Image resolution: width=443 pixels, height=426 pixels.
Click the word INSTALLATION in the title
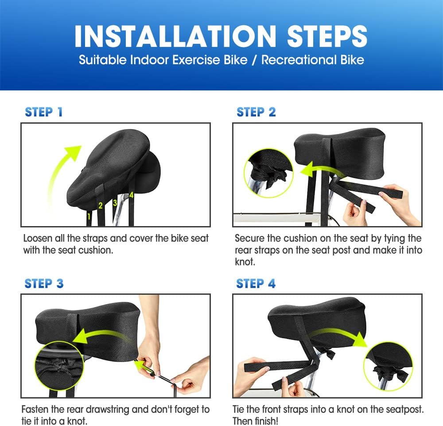(x=175, y=36)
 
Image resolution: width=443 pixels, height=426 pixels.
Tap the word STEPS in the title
(x=327, y=36)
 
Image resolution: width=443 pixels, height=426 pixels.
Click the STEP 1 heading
(x=43, y=112)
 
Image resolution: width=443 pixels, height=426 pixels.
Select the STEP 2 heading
(x=256, y=112)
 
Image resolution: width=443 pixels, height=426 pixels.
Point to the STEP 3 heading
(x=44, y=283)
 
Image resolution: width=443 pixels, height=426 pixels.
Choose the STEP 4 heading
(x=256, y=283)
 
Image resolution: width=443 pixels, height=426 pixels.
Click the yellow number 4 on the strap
(x=132, y=195)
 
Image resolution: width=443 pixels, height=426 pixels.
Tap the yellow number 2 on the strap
(x=100, y=206)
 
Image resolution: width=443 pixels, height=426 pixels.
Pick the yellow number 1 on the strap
(x=89, y=216)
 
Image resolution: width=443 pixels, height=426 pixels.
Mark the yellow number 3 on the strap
(x=115, y=203)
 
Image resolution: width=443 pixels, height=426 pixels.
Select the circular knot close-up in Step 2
(x=268, y=173)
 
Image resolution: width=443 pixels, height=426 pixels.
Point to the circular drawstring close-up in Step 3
(x=59, y=366)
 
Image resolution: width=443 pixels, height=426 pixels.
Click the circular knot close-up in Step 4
(x=388, y=367)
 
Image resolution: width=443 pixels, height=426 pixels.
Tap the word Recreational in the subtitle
(x=299, y=60)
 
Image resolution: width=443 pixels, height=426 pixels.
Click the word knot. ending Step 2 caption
(x=245, y=262)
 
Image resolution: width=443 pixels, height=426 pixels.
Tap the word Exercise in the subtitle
(x=196, y=60)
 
